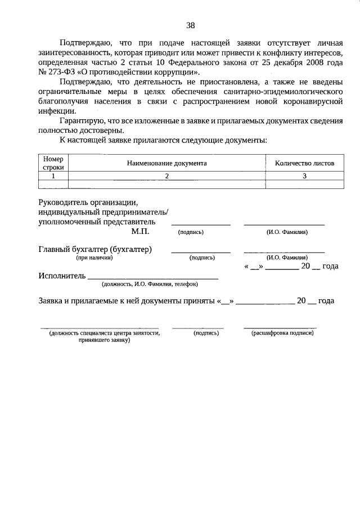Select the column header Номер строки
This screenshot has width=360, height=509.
click(x=53, y=163)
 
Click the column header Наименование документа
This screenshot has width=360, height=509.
click(x=166, y=163)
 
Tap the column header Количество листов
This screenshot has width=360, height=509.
click(x=304, y=163)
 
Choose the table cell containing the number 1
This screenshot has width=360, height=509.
click(x=53, y=175)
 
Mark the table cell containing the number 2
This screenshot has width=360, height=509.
click(x=166, y=175)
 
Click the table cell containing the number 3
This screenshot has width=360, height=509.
click(x=304, y=175)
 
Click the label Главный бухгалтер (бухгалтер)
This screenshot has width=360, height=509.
click(x=96, y=249)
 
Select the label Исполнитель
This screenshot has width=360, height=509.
click(x=62, y=276)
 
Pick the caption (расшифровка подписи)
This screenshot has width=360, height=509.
click(x=282, y=333)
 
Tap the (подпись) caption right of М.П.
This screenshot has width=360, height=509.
click(x=191, y=232)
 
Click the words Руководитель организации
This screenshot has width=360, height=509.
click(x=87, y=201)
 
